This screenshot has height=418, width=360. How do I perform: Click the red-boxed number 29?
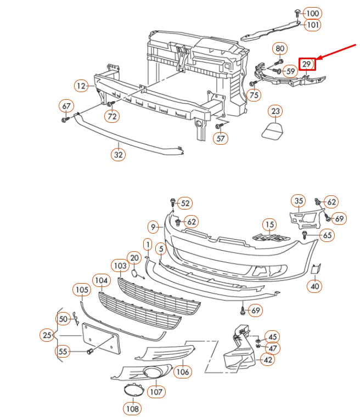click(x=307, y=64)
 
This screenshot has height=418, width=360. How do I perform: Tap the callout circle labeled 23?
click(x=275, y=111)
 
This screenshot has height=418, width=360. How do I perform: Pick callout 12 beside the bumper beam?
click(x=81, y=86)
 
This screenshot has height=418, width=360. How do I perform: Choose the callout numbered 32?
click(x=119, y=155)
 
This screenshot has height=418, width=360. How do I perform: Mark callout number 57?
click(x=221, y=139)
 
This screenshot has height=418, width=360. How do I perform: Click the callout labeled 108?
click(x=132, y=408)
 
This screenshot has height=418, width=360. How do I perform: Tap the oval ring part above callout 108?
click(x=132, y=390)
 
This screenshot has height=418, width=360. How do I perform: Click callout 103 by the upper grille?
click(x=120, y=266)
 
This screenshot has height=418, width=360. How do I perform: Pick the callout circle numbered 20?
click(x=134, y=257)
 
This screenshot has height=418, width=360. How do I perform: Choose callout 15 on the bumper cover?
click(x=268, y=224)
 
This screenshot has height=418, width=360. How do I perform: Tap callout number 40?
click(x=315, y=286)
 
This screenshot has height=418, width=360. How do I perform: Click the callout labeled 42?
click(x=267, y=360)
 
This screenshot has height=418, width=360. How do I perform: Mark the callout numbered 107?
click(x=156, y=392)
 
